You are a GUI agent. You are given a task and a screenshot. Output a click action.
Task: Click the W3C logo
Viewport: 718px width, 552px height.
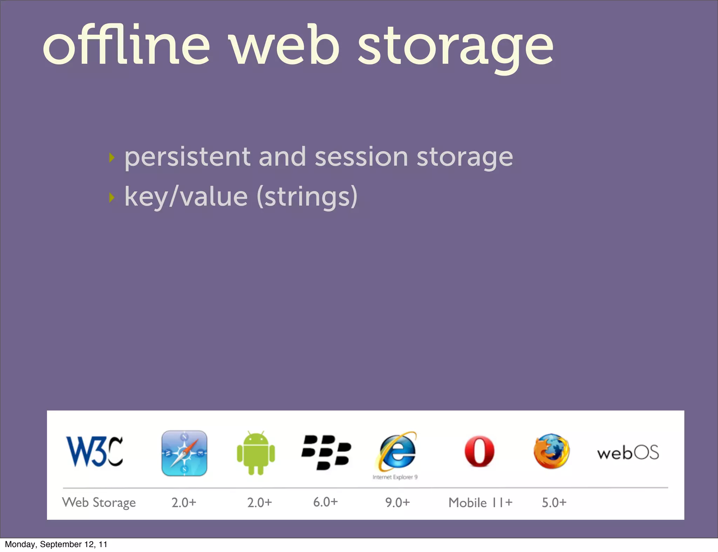(x=95, y=451)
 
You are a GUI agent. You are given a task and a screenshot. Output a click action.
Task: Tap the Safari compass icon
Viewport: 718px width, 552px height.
(x=184, y=453)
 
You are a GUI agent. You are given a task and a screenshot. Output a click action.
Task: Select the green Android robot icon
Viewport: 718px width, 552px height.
(x=256, y=453)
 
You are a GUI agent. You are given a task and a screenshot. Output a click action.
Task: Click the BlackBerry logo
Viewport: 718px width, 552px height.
(x=326, y=452)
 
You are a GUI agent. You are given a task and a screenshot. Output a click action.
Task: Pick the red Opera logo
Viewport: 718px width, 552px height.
(x=479, y=451)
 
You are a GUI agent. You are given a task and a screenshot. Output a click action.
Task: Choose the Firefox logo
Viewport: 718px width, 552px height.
(x=551, y=451)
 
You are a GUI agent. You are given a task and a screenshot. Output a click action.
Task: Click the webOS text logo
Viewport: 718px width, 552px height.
(x=628, y=453)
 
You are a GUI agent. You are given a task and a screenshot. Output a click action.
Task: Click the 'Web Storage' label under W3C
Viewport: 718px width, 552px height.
(x=99, y=503)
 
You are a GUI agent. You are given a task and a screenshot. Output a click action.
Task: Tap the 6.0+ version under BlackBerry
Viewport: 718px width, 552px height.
(x=325, y=502)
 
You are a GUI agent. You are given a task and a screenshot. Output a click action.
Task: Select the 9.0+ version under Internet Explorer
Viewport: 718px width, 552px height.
(x=397, y=503)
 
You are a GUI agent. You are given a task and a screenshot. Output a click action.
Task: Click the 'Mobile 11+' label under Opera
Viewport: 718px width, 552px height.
(x=480, y=503)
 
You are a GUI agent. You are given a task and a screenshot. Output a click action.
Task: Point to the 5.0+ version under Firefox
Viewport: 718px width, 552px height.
(x=554, y=503)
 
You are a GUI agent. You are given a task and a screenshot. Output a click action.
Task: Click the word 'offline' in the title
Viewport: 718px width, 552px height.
(x=126, y=46)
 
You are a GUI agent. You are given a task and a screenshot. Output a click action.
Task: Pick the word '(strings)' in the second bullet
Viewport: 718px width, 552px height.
(x=307, y=197)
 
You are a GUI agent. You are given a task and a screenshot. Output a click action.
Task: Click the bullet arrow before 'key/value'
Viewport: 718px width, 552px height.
(x=112, y=198)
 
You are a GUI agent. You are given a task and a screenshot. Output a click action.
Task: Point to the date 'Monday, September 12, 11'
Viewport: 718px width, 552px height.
(x=56, y=544)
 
